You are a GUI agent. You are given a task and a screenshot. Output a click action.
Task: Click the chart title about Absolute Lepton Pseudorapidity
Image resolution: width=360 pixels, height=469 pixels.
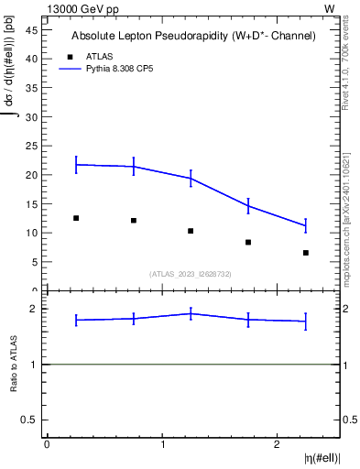point(194,37)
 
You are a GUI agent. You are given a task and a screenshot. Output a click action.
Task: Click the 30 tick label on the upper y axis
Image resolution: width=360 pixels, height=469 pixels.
point(31,116)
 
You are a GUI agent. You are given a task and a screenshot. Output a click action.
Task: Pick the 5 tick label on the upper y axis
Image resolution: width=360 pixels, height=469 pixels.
point(35,262)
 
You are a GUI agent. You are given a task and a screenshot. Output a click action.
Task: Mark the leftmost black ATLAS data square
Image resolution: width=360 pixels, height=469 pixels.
point(76,218)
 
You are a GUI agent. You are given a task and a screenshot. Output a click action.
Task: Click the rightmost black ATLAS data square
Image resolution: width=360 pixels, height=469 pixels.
point(306,253)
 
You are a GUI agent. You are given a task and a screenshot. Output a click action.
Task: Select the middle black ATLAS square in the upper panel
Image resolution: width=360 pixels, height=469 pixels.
point(191,231)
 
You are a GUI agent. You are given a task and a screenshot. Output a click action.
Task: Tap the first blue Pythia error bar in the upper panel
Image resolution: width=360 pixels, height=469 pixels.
point(76,165)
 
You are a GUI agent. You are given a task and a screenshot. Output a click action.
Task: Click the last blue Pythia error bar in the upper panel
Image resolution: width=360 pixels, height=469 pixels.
point(306,225)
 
